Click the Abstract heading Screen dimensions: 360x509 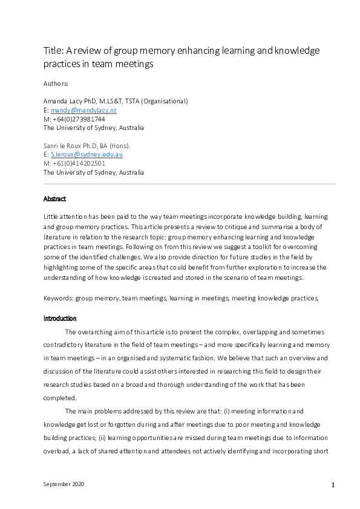tap(55, 199)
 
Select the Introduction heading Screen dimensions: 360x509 tap(60, 318)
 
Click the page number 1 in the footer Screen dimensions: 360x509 tap(333, 485)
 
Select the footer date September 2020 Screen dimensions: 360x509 tap(65, 485)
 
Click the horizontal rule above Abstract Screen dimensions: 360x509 tap(189, 184)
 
